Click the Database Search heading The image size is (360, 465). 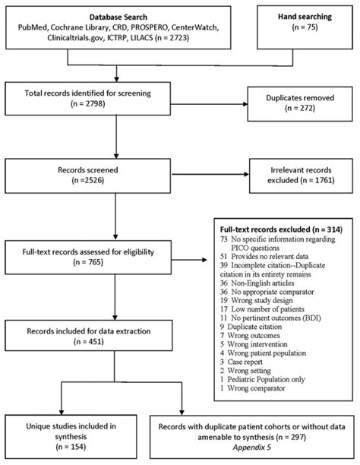click(x=115, y=15)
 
